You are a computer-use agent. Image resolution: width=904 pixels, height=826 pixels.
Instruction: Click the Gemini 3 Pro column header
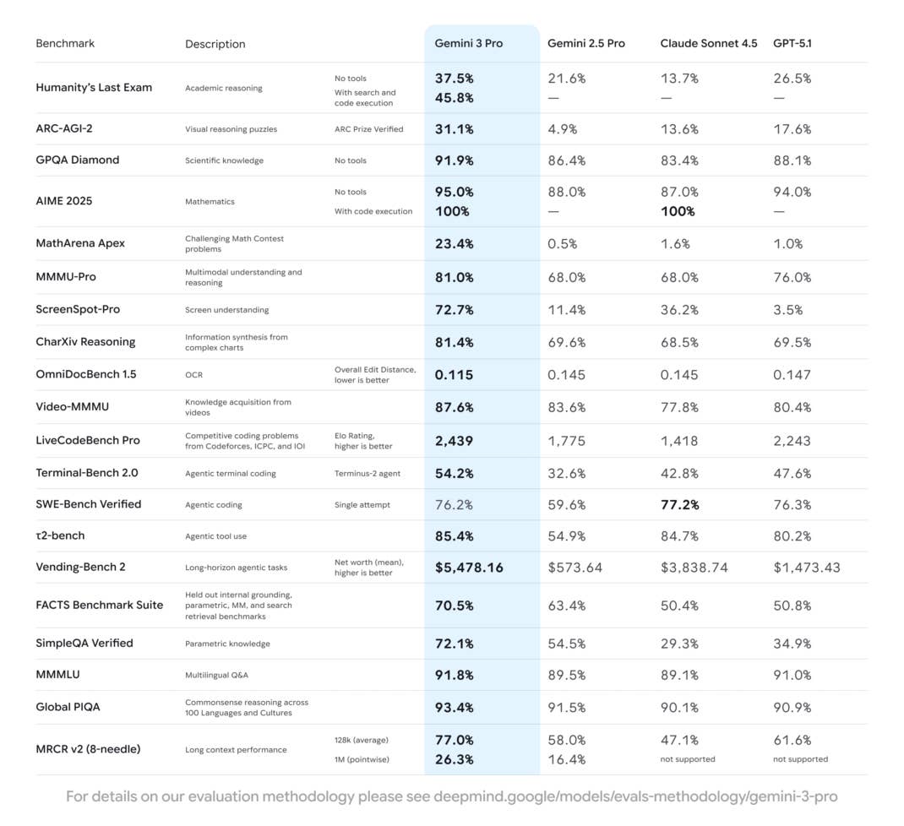pyautogui.click(x=468, y=43)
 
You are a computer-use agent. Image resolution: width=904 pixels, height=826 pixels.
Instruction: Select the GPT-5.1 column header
pyautogui.click(x=792, y=43)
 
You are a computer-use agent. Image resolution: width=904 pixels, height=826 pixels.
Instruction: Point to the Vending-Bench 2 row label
pyautogui.click(x=80, y=567)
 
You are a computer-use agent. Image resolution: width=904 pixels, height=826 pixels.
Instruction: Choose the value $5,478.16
pyautogui.click(x=469, y=568)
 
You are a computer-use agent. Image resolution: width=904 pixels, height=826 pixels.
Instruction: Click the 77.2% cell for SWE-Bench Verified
pyautogui.click(x=679, y=504)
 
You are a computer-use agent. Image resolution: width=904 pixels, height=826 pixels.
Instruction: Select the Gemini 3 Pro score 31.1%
pyautogui.click(x=454, y=129)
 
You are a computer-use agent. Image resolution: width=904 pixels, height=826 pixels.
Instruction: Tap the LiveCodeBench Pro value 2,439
pyautogui.click(x=454, y=440)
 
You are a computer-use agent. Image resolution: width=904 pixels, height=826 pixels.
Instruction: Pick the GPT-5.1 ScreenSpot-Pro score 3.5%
pyautogui.click(x=788, y=310)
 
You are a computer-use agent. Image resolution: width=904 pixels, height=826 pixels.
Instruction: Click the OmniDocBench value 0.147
pyautogui.click(x=792, y=374)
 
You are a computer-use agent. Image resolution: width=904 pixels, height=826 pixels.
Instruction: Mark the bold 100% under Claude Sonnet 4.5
pyautogui.click(x=678, y=211)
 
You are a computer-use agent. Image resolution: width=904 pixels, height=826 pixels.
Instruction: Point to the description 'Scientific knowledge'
pyautogui.click(x=224, y=160)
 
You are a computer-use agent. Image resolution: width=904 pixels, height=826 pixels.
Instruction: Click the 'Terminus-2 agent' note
pyautogui.click(x=368, y=474)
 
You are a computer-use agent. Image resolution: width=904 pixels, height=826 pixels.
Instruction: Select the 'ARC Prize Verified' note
pyautogui.click(x=368, y=129)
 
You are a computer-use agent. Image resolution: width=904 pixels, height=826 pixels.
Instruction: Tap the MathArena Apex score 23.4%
pyautogui.click(x=454, y=243)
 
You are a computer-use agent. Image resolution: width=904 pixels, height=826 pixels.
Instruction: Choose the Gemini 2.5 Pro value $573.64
pyautogui.click(x=575, y=568)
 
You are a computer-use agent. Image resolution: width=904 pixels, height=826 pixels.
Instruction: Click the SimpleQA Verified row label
pyautogui.click(x=84, y=643)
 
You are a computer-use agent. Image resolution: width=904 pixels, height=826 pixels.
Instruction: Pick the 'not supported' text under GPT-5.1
pyautogui.click(x=800, y=759)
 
